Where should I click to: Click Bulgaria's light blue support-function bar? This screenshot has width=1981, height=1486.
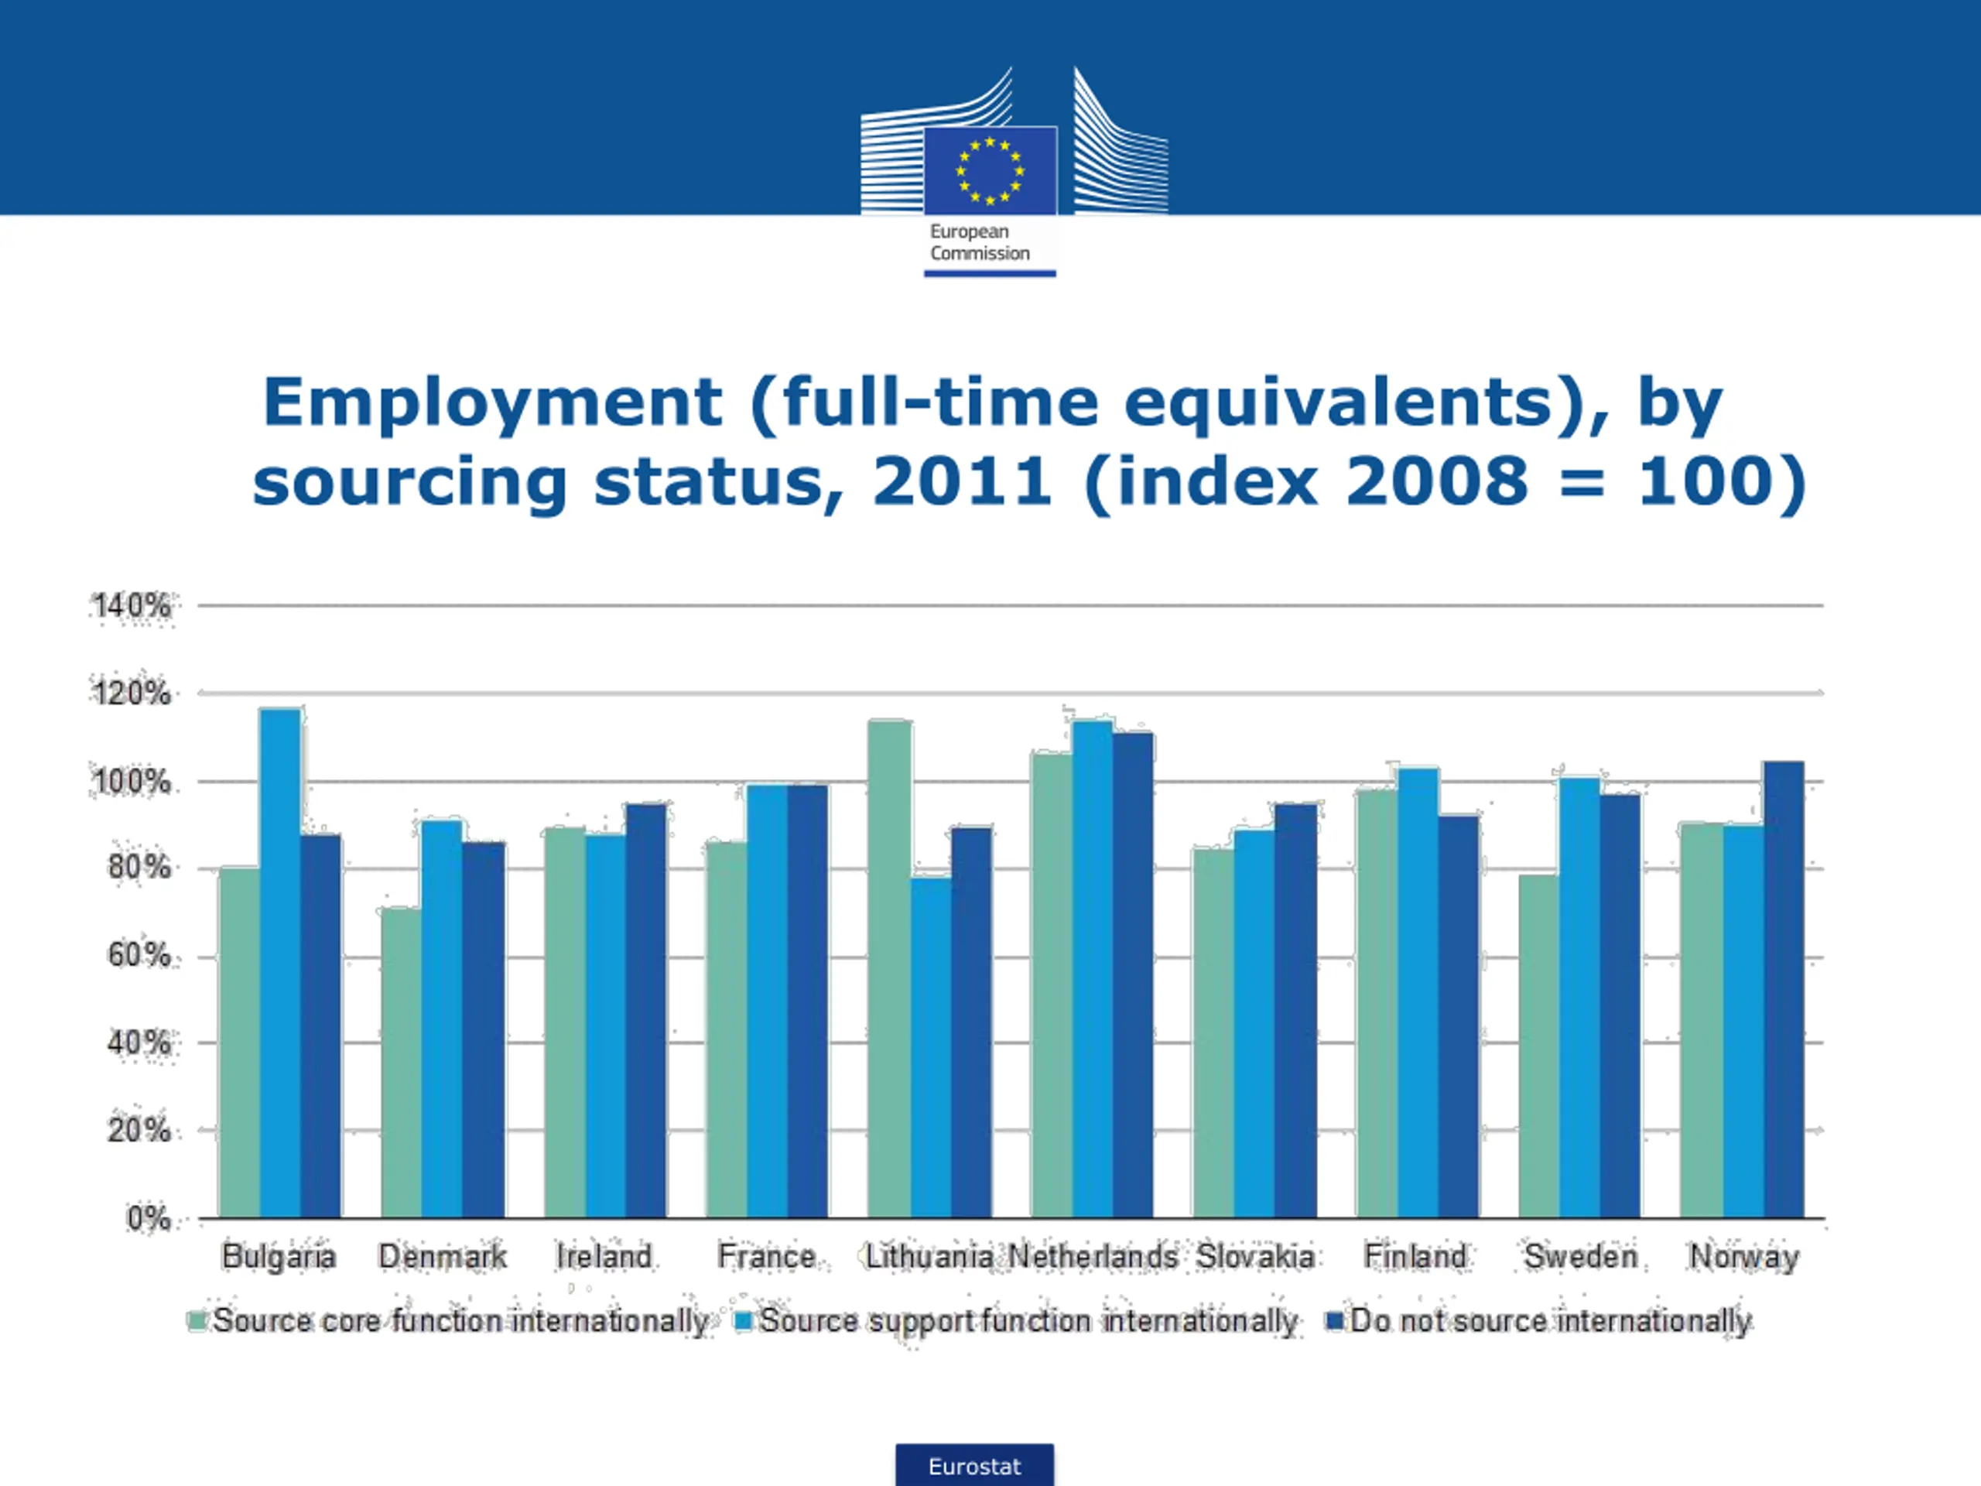coord(280,963)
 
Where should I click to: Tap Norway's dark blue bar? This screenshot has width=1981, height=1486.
coord(1783,990)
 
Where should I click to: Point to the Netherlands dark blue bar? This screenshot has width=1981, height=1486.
coord(1134,975)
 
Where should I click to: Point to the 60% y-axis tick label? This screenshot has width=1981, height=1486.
coord(139,955)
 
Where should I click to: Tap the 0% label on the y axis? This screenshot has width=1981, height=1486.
coord(149,1218)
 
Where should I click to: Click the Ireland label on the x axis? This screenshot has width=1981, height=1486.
coord(604,1257)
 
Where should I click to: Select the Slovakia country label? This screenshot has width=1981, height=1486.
coord(1254,1257)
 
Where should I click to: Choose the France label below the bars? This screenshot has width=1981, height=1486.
coord(766,1257)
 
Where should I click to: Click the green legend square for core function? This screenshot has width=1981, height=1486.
coord(196,1321)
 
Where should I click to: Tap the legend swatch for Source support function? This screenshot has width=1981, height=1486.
coord(742,1321)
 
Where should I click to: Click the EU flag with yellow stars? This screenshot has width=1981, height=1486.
coord(990,170)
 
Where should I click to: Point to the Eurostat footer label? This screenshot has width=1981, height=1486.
coord(974,1467)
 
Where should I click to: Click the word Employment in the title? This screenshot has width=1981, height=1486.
coord(493,403)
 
